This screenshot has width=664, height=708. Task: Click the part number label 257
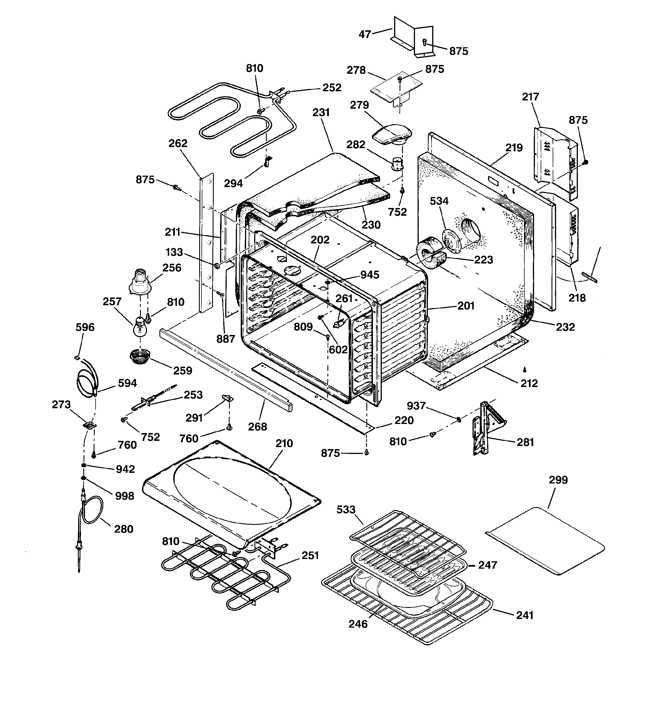[x=112, y=302]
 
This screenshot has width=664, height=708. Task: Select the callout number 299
[x=558, y=480]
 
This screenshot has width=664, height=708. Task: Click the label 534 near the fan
[x=439, y=201]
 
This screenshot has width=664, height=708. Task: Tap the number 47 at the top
[x=365, y=34]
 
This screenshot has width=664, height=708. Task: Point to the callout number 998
[x=125, y=496]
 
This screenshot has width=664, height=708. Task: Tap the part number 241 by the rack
[x=525, y=615]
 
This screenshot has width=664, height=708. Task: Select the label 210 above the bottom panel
[x=284, y=443]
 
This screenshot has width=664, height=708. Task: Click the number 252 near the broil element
[x=332, y=88]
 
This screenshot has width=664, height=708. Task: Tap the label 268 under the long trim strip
[x=257, y=426]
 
